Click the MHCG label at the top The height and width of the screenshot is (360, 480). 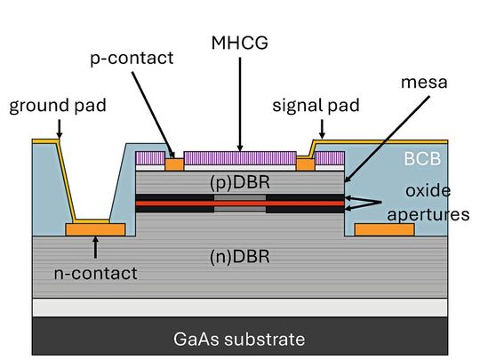(x=237, y=42)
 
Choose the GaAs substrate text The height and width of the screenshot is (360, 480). (x=240, y=339)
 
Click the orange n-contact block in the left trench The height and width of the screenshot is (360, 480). (x=95, y=229)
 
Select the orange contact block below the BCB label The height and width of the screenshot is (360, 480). (x=384, y=229)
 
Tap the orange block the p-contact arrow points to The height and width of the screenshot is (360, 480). (x=174, y=164)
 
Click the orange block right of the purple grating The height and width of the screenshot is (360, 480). (x=305, y=164)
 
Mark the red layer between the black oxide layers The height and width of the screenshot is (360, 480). (x=240, y=204)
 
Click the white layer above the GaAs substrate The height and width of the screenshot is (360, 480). (x=240, y=307)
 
